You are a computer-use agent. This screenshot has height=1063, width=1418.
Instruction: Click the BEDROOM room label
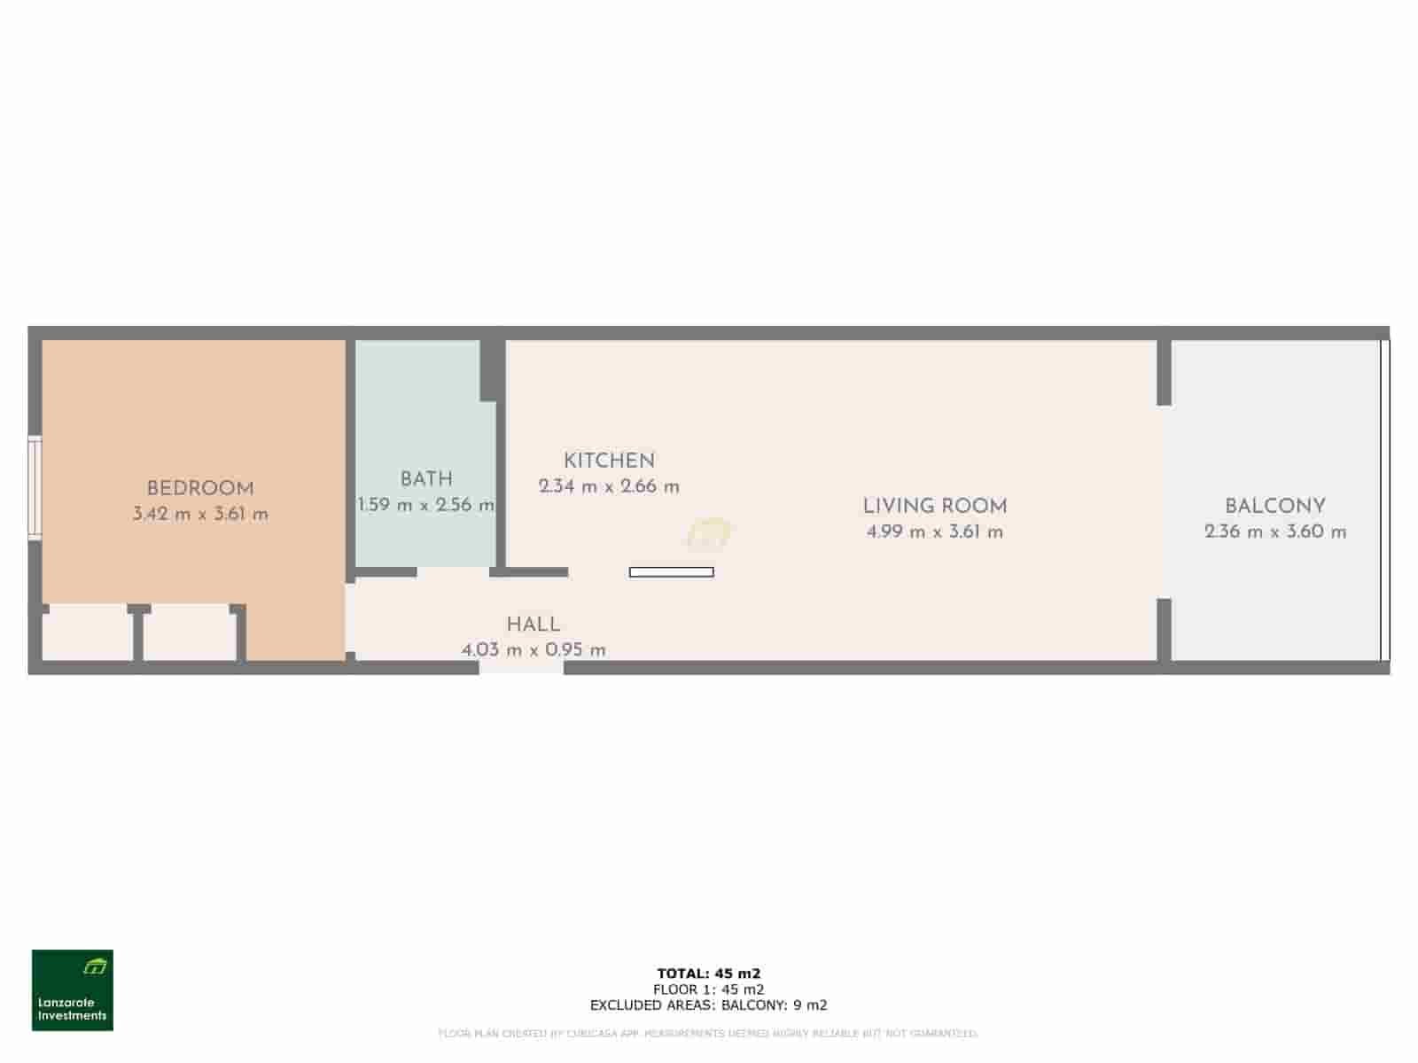(200, 488)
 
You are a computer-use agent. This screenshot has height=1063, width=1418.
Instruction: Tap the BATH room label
(426, 479)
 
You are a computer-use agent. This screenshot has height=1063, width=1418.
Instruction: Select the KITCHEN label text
(609, 461)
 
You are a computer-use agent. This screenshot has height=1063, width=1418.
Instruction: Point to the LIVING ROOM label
(935, 506)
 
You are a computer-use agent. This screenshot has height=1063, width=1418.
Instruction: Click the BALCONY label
(1274, 506)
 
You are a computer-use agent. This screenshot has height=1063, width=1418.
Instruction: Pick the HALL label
(533, 624)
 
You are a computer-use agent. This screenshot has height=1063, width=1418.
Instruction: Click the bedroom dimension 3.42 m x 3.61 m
(200, 514)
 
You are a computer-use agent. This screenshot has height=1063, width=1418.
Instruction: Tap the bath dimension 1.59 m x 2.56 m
(426, 505)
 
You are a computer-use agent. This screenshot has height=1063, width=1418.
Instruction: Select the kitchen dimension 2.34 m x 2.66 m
(609, 486)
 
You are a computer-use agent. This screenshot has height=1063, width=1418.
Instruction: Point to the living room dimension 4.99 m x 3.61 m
(935, 531)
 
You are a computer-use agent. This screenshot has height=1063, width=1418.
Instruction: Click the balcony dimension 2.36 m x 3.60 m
(1274, 531)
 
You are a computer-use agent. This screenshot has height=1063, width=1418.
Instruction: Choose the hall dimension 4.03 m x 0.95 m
(533, 649)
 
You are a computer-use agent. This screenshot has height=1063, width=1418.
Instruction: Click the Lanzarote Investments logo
(73, 990)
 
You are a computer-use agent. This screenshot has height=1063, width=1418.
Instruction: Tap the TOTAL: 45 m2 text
(709, 974)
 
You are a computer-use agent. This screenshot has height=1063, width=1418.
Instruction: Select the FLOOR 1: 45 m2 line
(709, 989)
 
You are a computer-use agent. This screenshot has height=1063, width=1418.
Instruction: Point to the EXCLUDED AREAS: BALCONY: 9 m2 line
(709, 1005)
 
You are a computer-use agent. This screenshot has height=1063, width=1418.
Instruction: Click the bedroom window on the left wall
(35, 486)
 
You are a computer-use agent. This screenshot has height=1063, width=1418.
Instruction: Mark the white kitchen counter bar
(671, 572)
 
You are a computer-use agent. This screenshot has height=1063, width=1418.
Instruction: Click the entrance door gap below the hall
(521, 667)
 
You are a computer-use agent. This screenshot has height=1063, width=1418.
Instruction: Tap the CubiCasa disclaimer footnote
(709, 1033)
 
